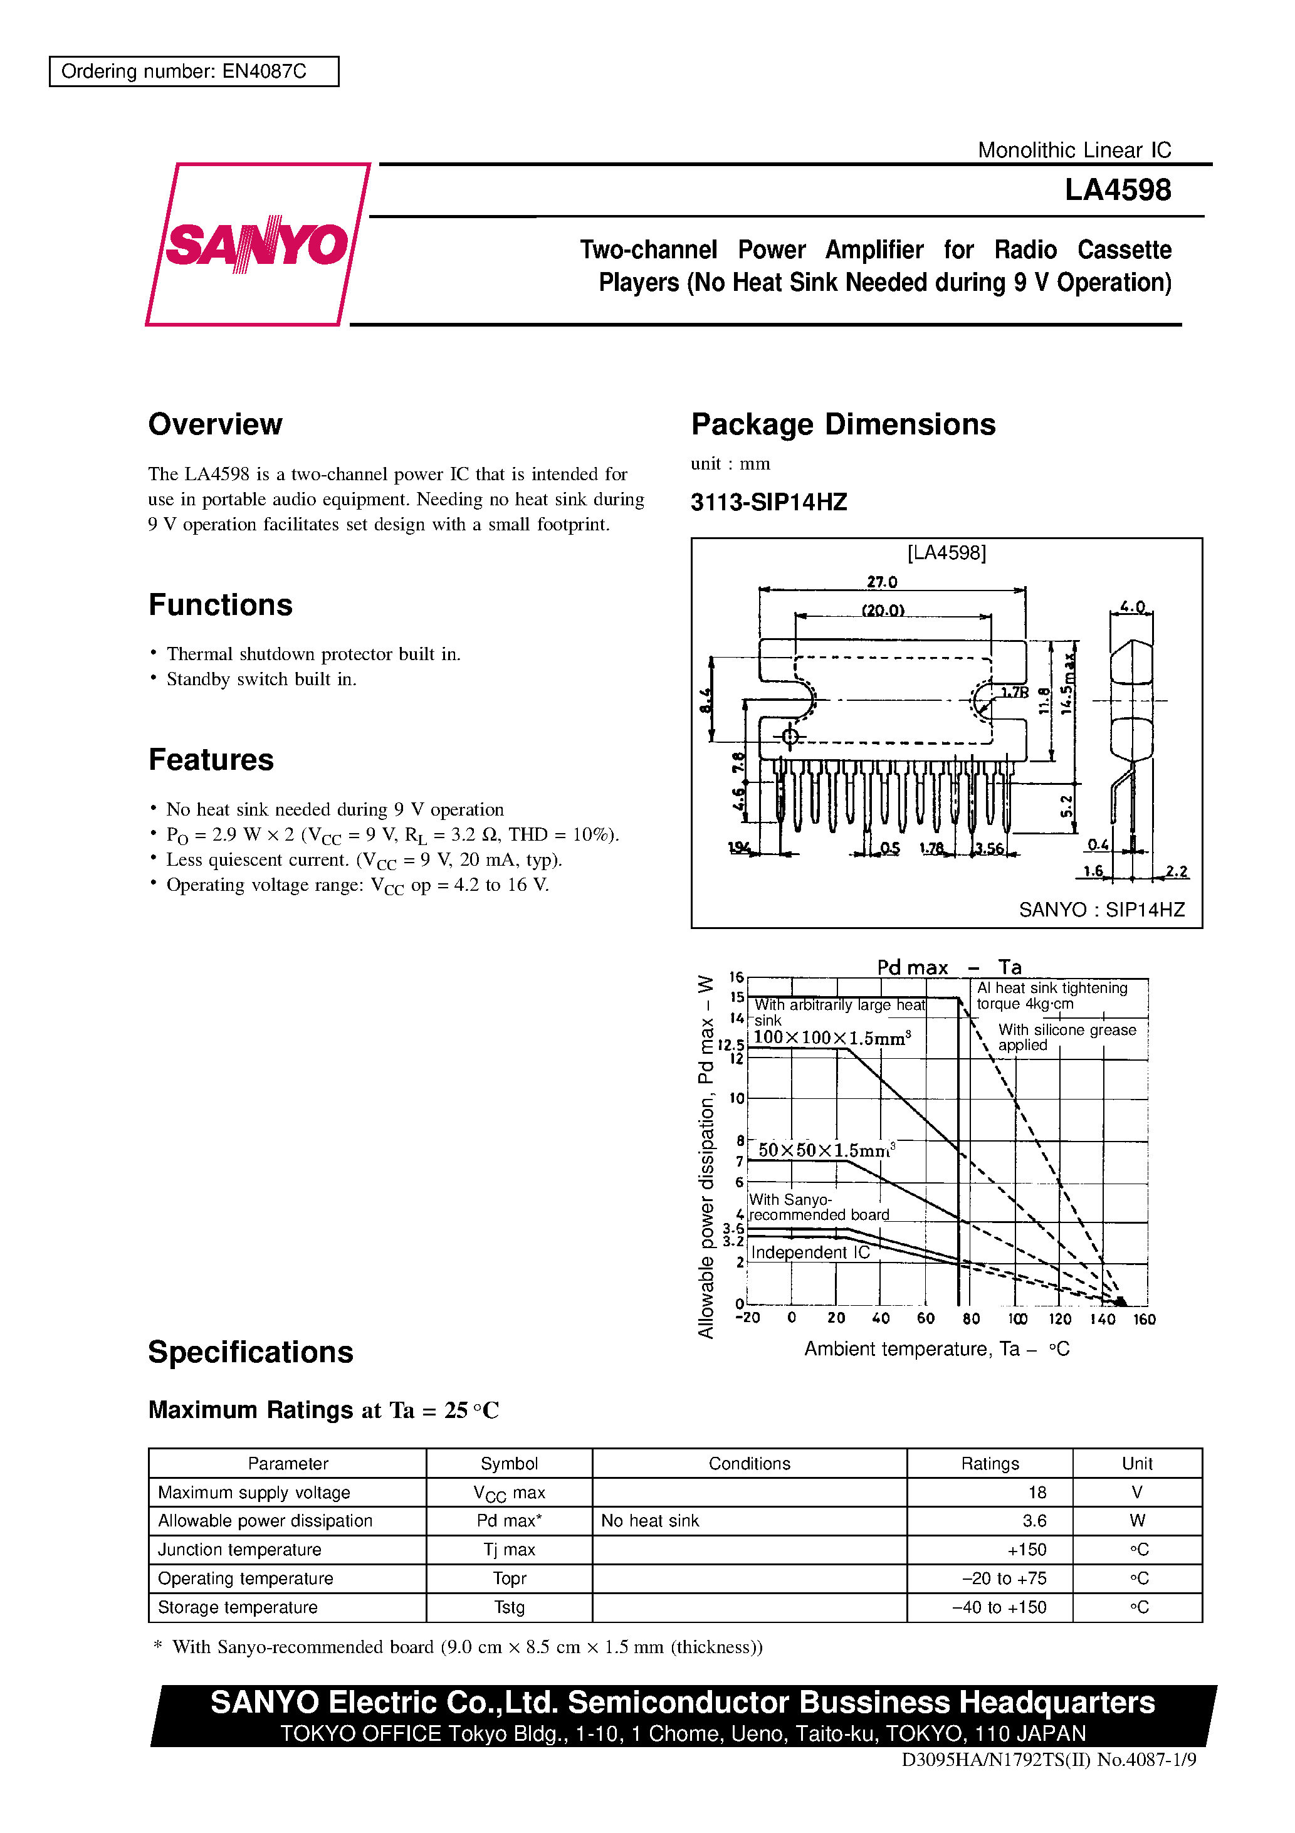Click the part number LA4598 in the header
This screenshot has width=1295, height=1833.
click(1117, 190)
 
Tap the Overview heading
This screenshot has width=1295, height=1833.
click(215, 424)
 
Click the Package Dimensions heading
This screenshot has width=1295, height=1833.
click(842, 424)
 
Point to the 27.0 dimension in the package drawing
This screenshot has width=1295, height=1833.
click(881, 582)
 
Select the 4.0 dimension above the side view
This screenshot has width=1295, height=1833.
click(1132, 607)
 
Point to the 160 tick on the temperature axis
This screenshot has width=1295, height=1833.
click(1144, 1319)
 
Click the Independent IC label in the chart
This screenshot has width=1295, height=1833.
click(810, 1252)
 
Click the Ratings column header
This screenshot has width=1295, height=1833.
click(989, 1463)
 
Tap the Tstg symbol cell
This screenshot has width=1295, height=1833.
click(510, 1607)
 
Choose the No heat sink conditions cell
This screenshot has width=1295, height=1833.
click(650, 1521)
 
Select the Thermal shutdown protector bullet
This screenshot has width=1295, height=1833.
click(313, 654)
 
